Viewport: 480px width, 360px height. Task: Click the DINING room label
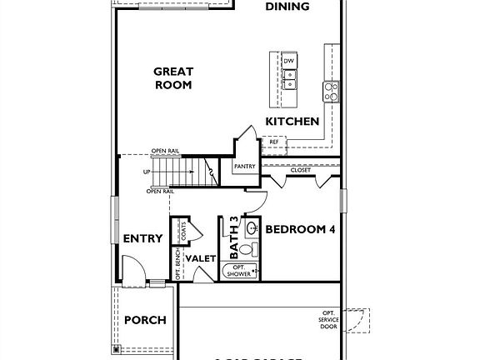tap(287, 7)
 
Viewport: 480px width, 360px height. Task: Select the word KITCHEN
tap(292, 122)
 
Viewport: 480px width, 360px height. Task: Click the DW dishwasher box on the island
tap(289, 62)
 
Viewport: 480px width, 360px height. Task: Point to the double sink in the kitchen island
tap(289, 80)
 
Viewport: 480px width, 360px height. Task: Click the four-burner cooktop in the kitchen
tap(330, 90)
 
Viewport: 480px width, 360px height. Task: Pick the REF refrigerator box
tap(274, 142)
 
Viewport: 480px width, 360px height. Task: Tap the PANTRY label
tap(244, 167)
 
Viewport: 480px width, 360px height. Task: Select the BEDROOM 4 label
tap(299, 231)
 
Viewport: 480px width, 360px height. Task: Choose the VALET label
tap(201, 259)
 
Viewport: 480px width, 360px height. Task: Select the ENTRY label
tap(142, 238)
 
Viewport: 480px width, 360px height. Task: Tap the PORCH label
tap(145, 320)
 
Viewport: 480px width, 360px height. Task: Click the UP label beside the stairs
tap(147, 172)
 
